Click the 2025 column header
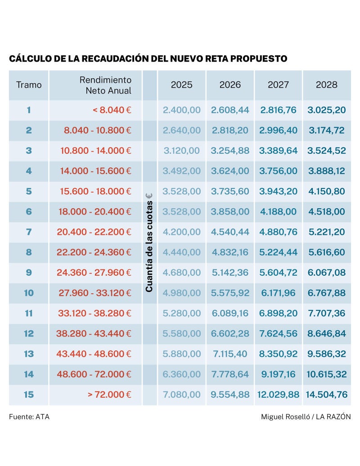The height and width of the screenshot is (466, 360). (x=181, y=85)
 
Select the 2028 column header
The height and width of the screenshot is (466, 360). (x=326, y=85)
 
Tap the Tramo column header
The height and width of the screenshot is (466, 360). (x=29, y=85)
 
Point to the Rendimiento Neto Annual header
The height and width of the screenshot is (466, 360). (x=105, y=85)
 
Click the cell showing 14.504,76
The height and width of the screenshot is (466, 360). (x=326, y=394)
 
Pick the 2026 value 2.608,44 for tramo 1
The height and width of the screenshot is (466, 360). (x=230, y=110)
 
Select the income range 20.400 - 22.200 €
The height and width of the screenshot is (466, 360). (x=94, y=232)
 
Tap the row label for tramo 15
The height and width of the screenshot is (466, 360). (x=29, y=394)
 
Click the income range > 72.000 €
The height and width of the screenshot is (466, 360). (x=109, y=394)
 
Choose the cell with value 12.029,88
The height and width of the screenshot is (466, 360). (x=278, y=394)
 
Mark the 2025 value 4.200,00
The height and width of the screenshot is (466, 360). (x=181, y=232)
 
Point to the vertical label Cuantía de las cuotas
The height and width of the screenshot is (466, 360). (x=149, y=243)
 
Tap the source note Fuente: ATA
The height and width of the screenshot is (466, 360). (x=29, y=417)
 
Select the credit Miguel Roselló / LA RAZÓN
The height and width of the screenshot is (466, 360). (x=306, y=417)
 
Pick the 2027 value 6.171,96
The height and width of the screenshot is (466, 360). (x=278, y=293)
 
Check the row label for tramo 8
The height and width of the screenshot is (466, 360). (x=29, y=252)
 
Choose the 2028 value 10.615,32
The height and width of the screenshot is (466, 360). (x=326, y=374)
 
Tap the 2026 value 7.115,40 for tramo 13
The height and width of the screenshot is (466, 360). (x=230, y=354)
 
